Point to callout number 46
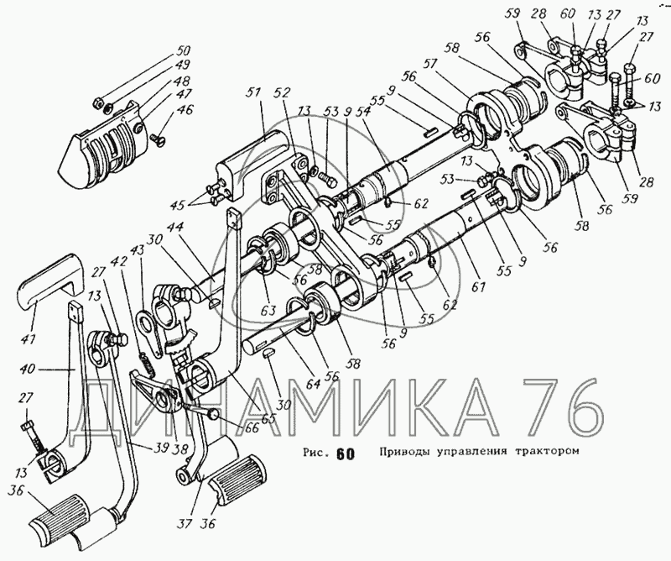click(x=185, y=109)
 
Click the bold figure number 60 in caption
click(x=344, y=454)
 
